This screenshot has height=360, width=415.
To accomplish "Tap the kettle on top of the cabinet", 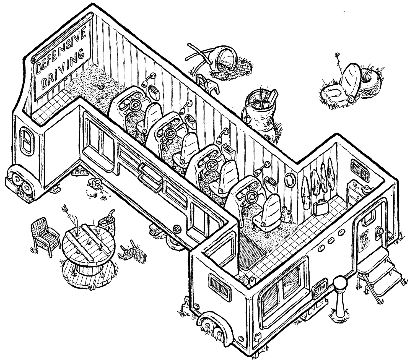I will (x=366, y=189).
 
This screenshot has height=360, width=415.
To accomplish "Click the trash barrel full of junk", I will (x=259, y=111).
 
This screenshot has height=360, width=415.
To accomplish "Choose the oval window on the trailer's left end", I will (x=27, y=141).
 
